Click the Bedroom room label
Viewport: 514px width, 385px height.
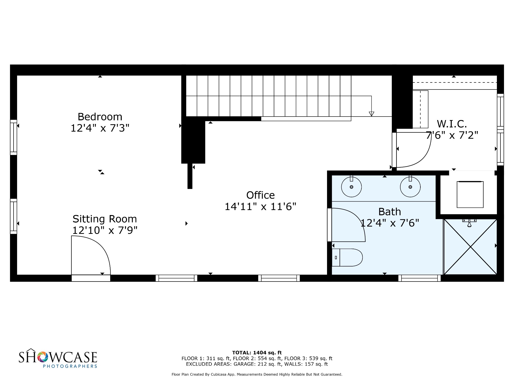click(x=100, y=117)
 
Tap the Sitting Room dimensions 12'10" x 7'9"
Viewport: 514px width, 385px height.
click(x=105, y=230)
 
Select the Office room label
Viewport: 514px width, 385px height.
click(x=261, y=195)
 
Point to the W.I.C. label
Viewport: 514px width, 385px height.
click(x=452, y=124)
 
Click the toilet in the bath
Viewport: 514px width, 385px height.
click(x=347, y=257)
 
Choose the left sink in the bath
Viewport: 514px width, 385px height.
click(x=351, y=187)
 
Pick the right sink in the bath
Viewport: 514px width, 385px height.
click(x=410, y=187)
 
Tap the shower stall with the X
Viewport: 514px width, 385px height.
click(x=470, y=247)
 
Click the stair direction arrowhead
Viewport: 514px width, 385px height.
click(x=371, y=114)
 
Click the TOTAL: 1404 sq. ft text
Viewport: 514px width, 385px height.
click(x=257, y=353)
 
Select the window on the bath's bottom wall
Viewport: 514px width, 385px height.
click(x=419, y=278)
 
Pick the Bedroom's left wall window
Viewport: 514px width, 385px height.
click(x=14, y=137)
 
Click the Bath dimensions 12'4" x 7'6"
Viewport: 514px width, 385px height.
click(x=390, y=223)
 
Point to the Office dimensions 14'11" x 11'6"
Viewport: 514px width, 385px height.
click(x=261, y=207)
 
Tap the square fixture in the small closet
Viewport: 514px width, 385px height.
click(x=470, y=194)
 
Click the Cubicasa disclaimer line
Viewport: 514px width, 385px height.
click(x=257, y=374)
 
